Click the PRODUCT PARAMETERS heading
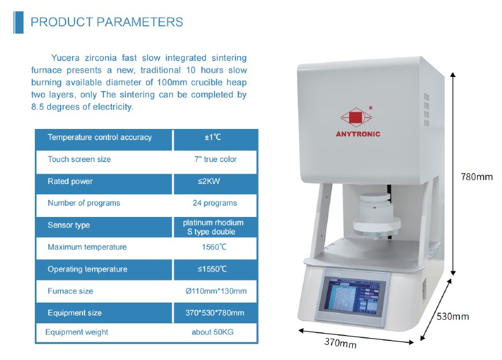(106, 22)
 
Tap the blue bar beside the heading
(18, 23)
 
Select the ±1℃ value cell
(213, 138)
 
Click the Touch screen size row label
(79, 160)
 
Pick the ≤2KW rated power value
(209, 181)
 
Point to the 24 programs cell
(215, 203)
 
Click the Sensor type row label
(68, 225)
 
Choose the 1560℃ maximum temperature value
(214, 247)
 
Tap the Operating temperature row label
(87, 269)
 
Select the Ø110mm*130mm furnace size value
(216, 291)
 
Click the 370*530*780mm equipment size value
(215, 313)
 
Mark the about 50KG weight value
(213, 332)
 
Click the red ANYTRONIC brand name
(358, 134)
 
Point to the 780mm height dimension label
(477, 177)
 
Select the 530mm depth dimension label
(452, 317)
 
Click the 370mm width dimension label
(340, 343)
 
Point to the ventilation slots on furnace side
(426, 109)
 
